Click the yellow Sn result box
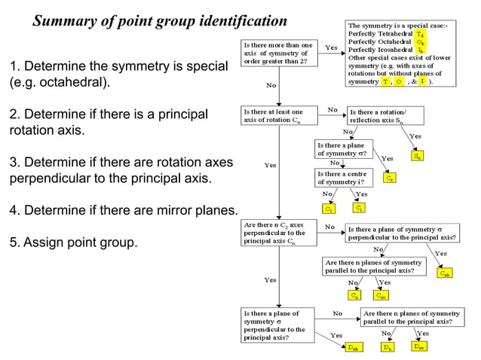[418, 157]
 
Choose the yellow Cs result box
[389, 178]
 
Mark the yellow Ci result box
[360, 207]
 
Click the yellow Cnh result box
[446, 273]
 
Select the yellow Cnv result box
[382, 296]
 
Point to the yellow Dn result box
[387, 347]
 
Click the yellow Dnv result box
[419, 347]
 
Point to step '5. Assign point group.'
[73, 243]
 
